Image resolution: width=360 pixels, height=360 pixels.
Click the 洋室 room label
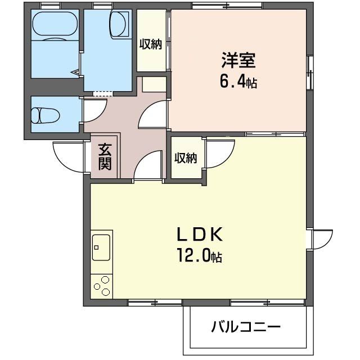(x=238, y=60)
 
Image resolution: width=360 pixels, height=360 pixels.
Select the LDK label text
(x=199, y=234)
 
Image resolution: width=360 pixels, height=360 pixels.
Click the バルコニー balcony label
(x=246, y=327)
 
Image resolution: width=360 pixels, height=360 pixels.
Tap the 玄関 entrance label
(x=105, y=157)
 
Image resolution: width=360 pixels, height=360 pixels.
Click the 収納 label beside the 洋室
(x=151, y=44)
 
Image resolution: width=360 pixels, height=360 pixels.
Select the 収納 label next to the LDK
(x=186, y=158)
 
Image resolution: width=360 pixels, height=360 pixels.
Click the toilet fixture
(x=46, y=115)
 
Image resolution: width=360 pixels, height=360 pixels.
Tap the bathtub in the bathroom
(x=55, y=24)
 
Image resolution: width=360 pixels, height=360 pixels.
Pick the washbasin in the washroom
(x=119, y=24)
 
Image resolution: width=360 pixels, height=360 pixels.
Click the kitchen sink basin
(x=101, y=247)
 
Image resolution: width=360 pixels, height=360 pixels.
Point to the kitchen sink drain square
(x=96, y=247)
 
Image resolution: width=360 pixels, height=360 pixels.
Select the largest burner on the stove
(x=105, y=280)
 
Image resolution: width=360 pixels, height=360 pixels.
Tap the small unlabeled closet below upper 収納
(x=154, y=84)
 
